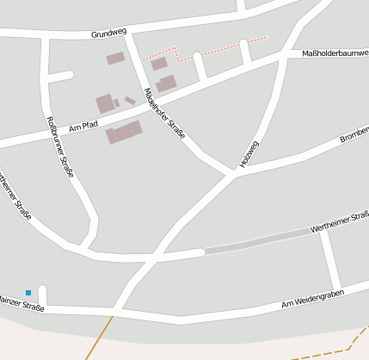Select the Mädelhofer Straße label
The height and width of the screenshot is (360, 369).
tap(164, 114)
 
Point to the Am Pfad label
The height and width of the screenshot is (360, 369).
tap(83, 127)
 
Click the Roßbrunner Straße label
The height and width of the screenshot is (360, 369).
tap(59, 146)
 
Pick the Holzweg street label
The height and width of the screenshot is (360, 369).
tap(249, 154)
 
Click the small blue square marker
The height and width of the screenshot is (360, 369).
tap(28, 293)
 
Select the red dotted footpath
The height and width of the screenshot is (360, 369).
tap(206, 49)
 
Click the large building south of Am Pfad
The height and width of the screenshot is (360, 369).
tap(125, 133)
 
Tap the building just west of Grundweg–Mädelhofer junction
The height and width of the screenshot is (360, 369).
tap(115, 59)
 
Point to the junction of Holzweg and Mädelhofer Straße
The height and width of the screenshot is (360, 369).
tap(233, 175)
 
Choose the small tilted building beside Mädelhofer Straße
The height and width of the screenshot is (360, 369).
tap(130, 101)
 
